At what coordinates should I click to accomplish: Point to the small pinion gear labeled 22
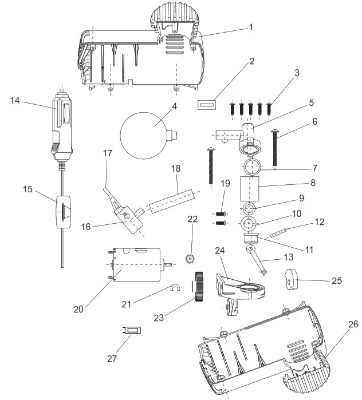191,258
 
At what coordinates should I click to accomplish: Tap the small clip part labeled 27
132,330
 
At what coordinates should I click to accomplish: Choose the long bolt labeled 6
276,148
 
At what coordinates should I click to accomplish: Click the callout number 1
250,27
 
